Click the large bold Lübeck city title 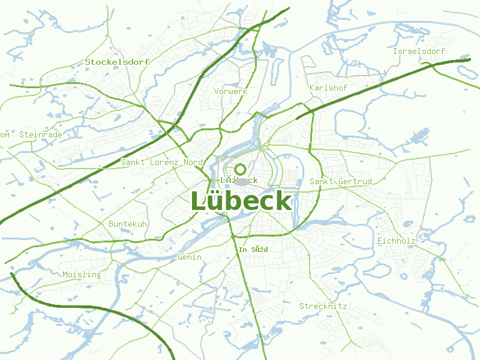coord(241,202)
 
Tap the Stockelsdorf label coord(117,62)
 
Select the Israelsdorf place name coord(419,52)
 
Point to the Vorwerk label coord(231,91)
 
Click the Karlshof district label coord(328,88)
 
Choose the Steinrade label coord(41,134)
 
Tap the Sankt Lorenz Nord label coord(163,162)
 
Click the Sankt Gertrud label coord(341,181)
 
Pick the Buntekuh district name coord(128,224)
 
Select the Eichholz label coord(397,241)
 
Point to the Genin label coord(190,257)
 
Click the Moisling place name coord(82,274)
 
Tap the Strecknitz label coord(323,306)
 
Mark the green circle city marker coord(240,169)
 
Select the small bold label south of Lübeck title coord(253,249)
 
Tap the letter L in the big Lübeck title coord(199,202)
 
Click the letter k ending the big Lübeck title coord(283,202)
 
